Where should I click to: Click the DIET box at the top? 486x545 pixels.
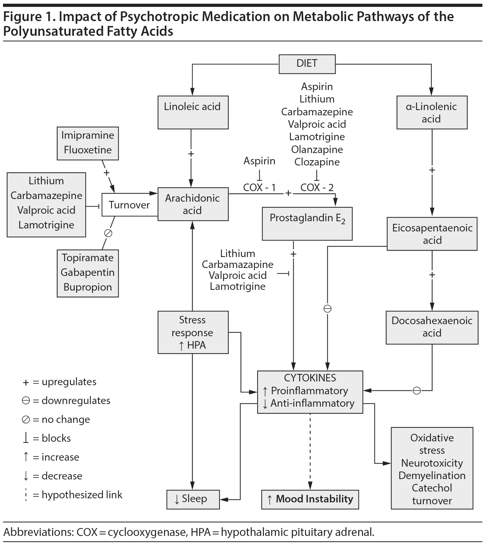307,64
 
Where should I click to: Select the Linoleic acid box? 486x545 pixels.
193,112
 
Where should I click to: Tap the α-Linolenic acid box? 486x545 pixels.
432,113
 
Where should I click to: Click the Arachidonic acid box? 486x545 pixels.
193,204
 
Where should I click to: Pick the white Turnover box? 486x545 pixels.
129,205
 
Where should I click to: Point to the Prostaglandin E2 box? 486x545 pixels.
307,223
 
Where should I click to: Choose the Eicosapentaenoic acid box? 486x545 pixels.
432,234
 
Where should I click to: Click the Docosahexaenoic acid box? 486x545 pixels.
432,327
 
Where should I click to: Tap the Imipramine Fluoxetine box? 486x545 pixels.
88,143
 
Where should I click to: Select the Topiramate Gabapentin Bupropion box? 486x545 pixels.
88,272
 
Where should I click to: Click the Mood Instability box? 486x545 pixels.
310,499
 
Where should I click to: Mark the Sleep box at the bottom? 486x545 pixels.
193,499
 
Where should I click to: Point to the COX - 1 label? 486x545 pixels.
259,187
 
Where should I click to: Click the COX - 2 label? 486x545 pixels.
317,187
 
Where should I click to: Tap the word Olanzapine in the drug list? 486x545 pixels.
317,150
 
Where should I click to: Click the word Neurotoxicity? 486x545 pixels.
432,463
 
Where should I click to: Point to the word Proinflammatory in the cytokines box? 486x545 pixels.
309,391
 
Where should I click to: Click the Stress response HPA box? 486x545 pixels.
193,332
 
